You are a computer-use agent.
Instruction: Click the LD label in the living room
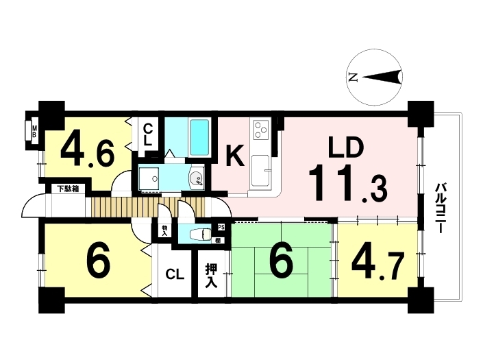point(345,148)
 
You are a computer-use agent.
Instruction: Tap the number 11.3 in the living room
point(348,183)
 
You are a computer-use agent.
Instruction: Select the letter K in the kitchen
point(235,156)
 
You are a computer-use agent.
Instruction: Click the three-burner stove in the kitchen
point(261,129)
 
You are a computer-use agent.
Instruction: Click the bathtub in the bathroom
point(199,137)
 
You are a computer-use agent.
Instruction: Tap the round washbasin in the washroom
point(196,178)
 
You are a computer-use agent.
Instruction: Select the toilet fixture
point(201,235)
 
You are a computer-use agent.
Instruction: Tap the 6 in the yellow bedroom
point(98,259)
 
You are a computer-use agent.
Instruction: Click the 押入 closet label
point(212,276)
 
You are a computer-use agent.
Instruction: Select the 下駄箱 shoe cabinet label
point(69,189)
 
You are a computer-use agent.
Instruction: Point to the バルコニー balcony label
point(441,208)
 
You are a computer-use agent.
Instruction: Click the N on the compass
point(352,77)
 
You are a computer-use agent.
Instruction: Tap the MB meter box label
point(34,131)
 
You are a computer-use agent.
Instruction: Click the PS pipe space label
point(221,227)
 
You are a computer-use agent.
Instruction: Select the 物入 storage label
point(165,231)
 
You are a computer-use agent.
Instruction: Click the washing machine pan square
point(149,178)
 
